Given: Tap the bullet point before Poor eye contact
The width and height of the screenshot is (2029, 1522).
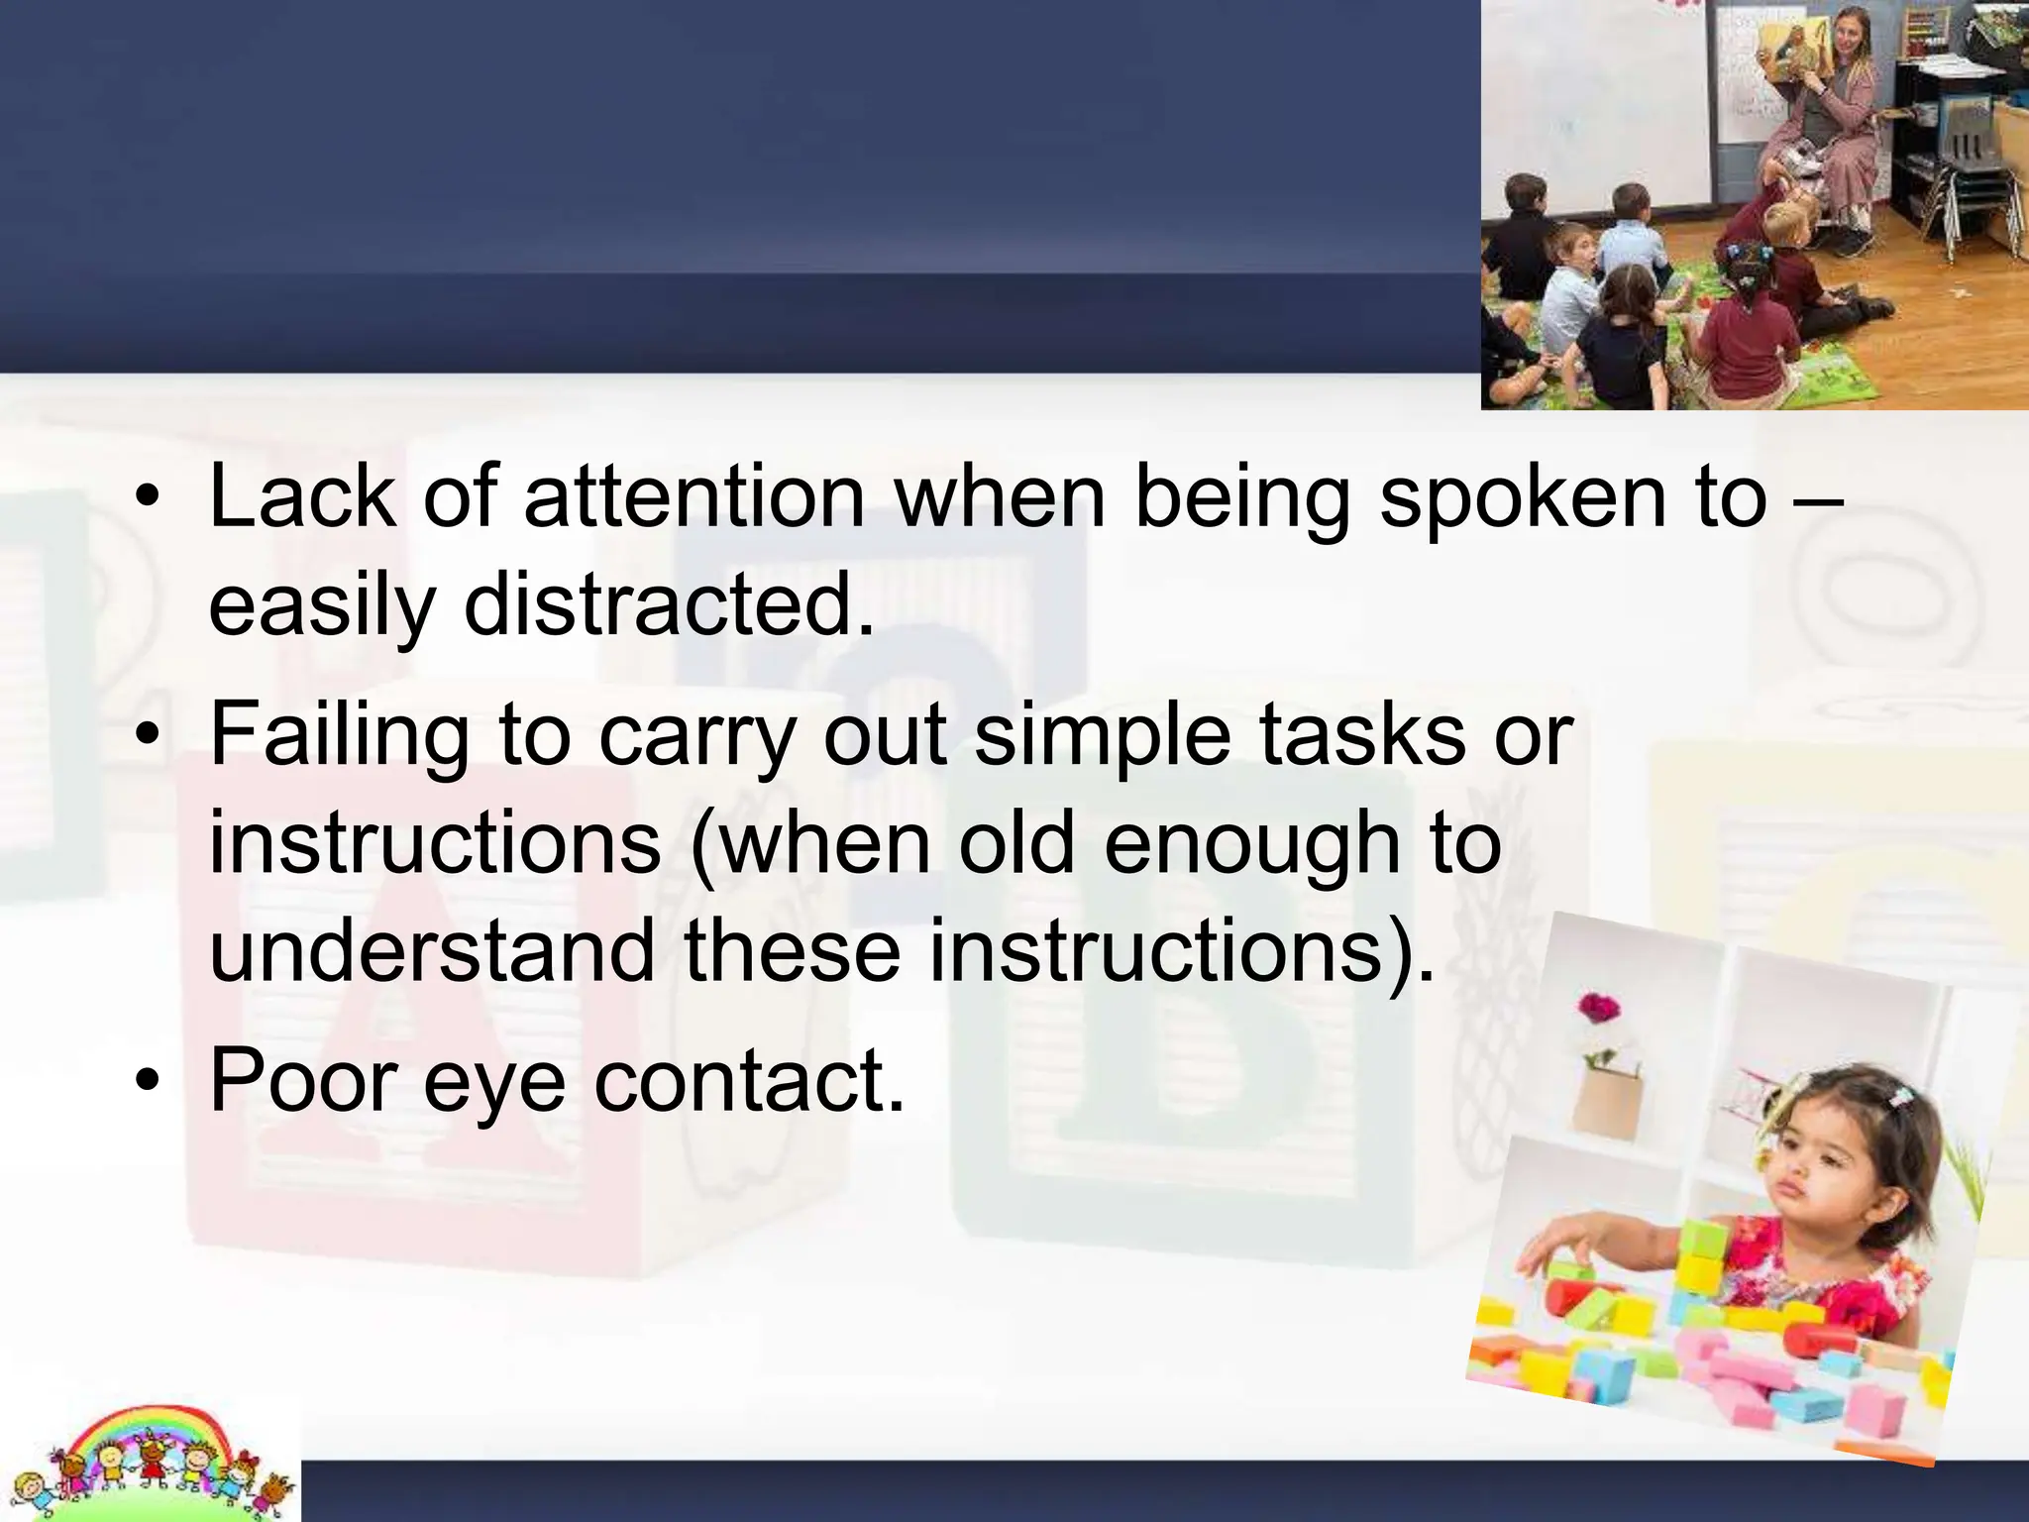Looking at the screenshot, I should (x=148, y=1082).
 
